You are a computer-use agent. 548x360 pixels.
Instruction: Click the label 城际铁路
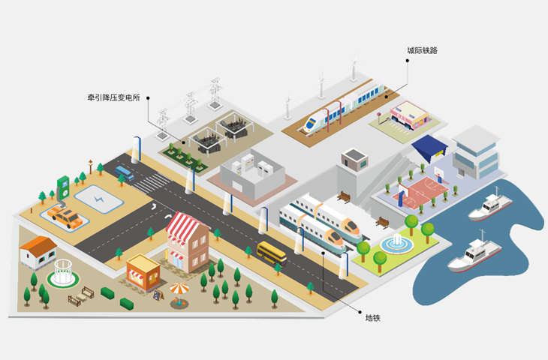pyautogui.click(x=422, y=50)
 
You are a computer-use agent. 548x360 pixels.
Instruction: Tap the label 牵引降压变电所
pyautogui.click(x=115, y=97)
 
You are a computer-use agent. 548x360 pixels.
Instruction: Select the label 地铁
pyautogui.click(x=373, y=318)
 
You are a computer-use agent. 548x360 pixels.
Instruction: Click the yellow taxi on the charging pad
pyautogui.click(x=65, y=217)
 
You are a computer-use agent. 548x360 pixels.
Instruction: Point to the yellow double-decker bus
pyautogui.click(x=272, y=252)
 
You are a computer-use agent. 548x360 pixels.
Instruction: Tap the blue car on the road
pyautogui.click(x=125, y=174)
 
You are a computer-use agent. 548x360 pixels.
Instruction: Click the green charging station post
pyautogui.click(x=64, y=187)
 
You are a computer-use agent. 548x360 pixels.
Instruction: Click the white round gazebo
pyautogui.click(x=62, y=272)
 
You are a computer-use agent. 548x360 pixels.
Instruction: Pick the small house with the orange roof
pyautogui.click(x=38, y=252)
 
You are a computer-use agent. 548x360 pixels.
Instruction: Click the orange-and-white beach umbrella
pyautogui.click(x=180, y=290)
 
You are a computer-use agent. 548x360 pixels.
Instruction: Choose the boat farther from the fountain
pyautogui.click(x=489, y=207)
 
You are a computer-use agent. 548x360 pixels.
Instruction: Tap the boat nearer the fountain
pyautogui.click(x=470, y=256)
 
